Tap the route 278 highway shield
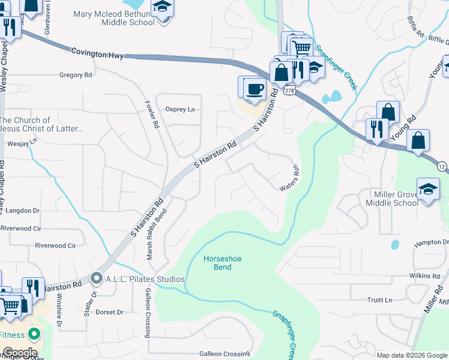coord(290,90)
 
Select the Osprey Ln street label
coord(180,109)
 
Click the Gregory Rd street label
coord(76,75)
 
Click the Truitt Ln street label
coord(379,299)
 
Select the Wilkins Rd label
coord(426,276)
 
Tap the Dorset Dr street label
coord(109,312)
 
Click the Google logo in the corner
coord(20,353)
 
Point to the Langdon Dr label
coord(20,211)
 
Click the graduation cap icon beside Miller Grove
coord(429,190)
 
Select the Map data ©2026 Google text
coord(411,355)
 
